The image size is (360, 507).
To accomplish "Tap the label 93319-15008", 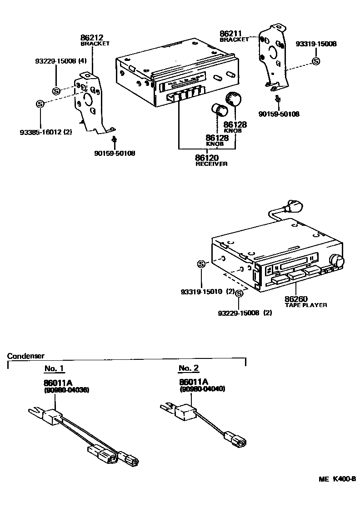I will (316, 44).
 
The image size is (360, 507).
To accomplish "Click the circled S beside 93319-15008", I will (316, 61).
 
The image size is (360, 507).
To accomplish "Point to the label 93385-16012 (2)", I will (46, 132).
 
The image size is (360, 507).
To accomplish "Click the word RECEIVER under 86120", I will (211, 164).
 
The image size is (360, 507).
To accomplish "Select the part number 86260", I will (296, 299).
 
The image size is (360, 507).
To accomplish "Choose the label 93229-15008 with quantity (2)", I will (245, 313).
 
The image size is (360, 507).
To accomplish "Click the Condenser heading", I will (26, 356).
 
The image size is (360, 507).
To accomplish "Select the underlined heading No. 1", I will (54, 368).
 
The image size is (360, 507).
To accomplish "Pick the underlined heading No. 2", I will (188, 368).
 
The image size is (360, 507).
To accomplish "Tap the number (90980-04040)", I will (202, 389).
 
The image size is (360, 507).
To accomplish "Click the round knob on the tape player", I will (337, 261).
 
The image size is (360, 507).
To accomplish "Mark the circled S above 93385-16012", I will (40, 104).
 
